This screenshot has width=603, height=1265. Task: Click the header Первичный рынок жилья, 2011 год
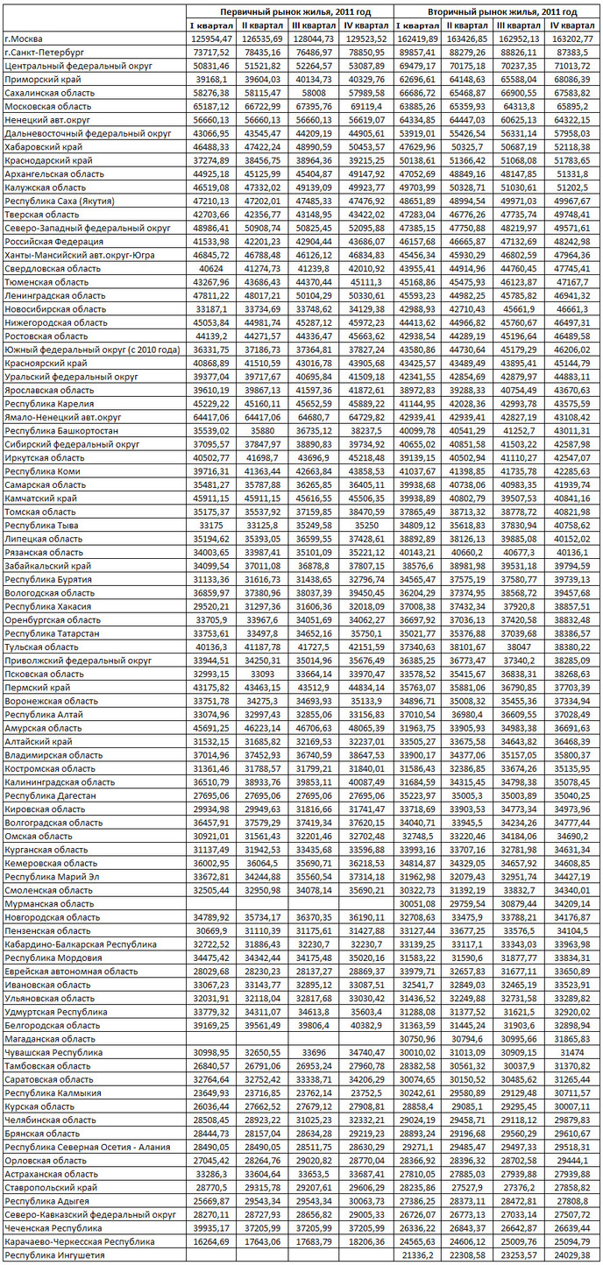(x=289, y=12)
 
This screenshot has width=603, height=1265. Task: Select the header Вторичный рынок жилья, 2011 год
(x=496, y=12)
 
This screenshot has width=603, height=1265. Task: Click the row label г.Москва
(x=25, y=39)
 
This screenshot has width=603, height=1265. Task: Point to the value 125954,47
(x=211, y=39)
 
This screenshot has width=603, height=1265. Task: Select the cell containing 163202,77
(x=574, y=39)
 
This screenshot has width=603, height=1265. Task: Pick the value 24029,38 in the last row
(x=574, y=1255)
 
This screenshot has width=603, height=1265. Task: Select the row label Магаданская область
(x=51, y=1038)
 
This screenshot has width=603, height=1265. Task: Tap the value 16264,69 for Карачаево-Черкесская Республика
(x=211, y=1242)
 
